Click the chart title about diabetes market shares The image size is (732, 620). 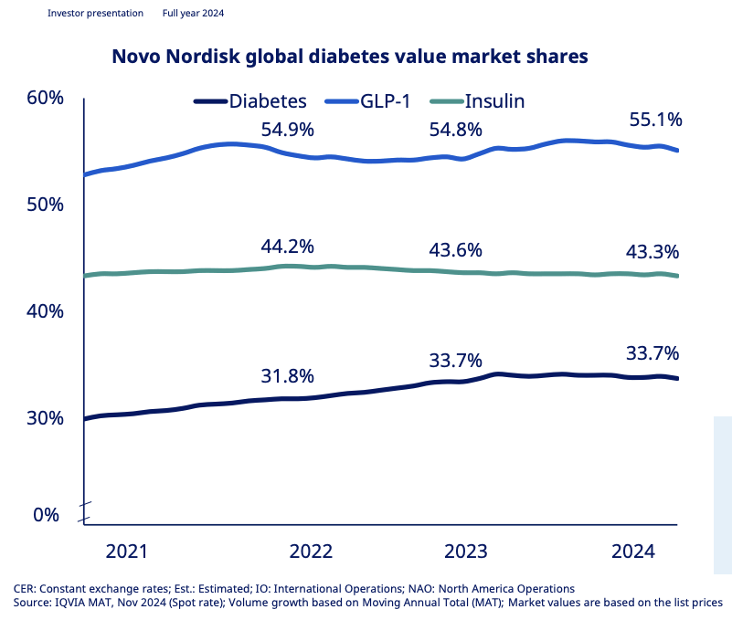349,57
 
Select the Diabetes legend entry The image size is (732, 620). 268,100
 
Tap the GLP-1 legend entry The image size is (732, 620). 393,100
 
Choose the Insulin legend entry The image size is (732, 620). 494,100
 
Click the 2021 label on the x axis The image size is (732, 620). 127,552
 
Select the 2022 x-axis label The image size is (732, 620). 311,552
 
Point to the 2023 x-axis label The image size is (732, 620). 465,552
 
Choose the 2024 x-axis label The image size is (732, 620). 633,552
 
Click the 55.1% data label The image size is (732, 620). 656,121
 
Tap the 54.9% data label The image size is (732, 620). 287,130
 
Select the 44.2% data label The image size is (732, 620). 287,247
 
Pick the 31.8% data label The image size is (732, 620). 287,376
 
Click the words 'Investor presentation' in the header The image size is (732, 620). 95,14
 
